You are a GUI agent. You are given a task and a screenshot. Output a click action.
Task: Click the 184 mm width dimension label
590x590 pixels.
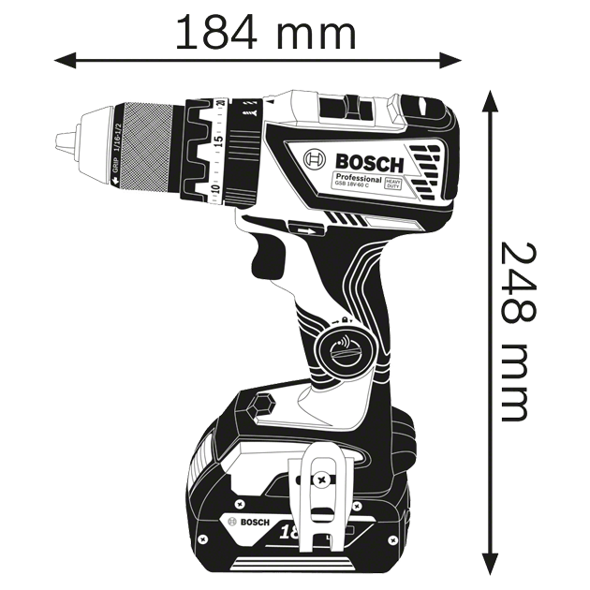(x=266, y=34)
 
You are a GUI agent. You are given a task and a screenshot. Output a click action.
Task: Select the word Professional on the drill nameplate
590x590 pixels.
(x=357, y=178)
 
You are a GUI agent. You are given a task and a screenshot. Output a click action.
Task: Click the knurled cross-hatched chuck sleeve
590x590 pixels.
(x=149, y=141)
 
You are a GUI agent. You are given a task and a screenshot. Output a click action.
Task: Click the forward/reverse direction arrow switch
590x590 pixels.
(x=303, y=227)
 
